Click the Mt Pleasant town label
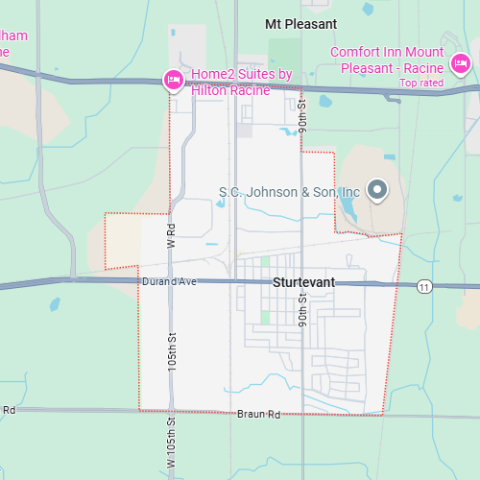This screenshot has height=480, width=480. [x=300, y=23]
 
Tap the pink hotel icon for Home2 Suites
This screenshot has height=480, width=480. [x=174, y=80]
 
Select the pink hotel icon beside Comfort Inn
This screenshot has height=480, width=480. [x=461, y=64]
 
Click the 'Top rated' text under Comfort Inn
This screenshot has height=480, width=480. [x=421, y=83]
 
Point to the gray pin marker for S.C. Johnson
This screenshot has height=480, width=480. [x=377, y=189]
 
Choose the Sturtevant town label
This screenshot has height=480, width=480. [x=303, y=284]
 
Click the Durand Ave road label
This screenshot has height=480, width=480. [x=168, y=282]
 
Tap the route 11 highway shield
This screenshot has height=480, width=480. [x=424, y=286]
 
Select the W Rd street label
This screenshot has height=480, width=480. [x=171, y=235]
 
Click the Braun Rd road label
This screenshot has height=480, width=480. [x=259, y=415]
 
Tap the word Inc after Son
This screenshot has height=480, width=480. [x=350, y=192]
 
